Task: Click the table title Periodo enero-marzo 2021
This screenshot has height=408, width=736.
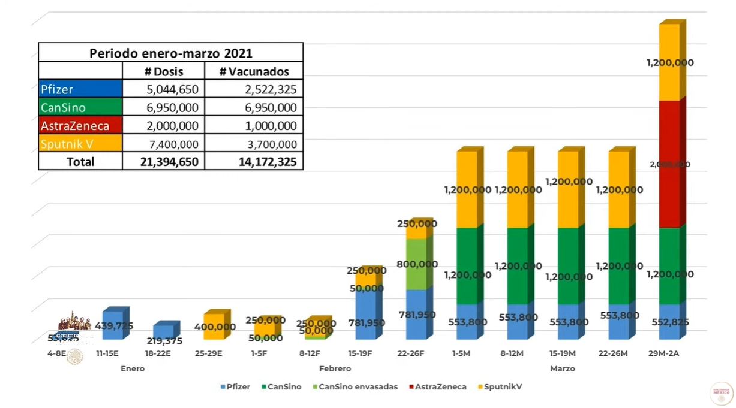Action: coord(171,52)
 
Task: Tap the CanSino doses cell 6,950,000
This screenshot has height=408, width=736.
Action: coord(163,108)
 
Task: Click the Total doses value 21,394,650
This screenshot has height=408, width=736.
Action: coord(163,161)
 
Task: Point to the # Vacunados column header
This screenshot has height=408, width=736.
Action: coord(254,71)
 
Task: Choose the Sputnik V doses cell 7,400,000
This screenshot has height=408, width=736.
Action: coord(163,144)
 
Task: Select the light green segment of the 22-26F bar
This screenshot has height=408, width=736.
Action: coord(416,264)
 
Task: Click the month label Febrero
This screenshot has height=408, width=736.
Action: coord(335,368)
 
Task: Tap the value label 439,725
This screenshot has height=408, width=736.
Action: coord(114,326)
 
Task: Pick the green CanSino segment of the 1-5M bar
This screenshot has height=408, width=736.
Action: coord(466,267)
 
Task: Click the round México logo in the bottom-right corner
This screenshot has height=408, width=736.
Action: coord(721,394)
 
